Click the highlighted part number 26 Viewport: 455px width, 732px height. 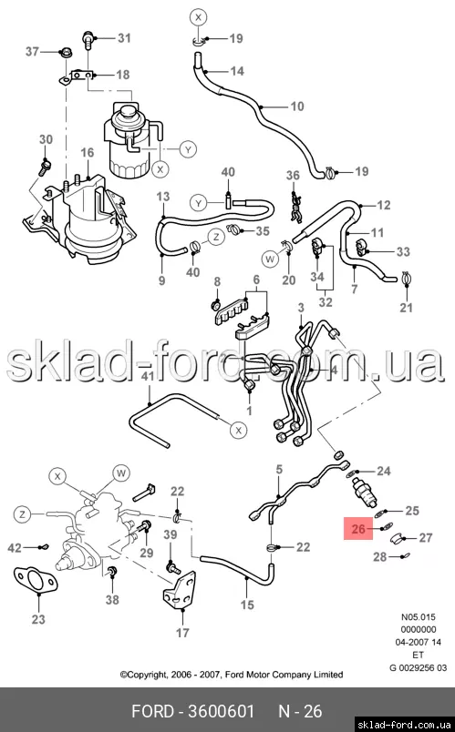[x=358, y=528]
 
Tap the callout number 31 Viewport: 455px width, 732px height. [x=124, y=37]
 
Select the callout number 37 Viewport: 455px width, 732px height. [x=32, y=51]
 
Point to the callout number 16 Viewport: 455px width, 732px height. [x=88, y=153]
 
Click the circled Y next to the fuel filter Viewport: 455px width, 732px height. [x=188, y=150]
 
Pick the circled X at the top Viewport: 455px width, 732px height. [x=198, y=17]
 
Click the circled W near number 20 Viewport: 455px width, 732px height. [x=270, y=259]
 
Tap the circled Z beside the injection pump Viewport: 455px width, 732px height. [x=22, y=514]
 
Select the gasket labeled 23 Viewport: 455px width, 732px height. [x=36, y=580]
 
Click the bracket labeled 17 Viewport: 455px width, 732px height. [x=178, y=591]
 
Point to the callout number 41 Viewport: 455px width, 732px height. [x=148, y=376]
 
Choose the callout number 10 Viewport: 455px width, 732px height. [x=297, y=107]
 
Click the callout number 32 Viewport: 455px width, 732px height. [x=326, y=301]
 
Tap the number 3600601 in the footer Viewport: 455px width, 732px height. [x=221, y=711]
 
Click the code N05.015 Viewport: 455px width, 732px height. [x=418, y=617]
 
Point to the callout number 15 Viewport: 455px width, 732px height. [x=247, y=605]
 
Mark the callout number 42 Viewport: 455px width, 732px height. [x=15, y=547]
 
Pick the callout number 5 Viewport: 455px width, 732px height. [x=279, y=469]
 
